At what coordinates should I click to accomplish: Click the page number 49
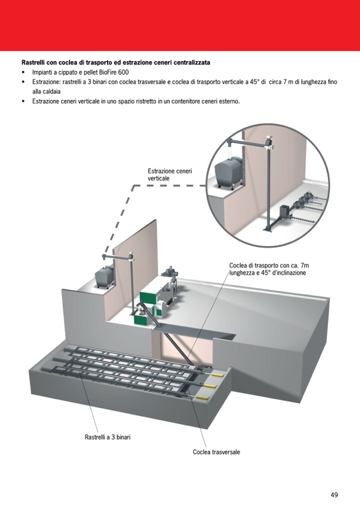point(334,495)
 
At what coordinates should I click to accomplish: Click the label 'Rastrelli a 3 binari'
point(108,437)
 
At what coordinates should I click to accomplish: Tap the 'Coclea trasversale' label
point(216,452)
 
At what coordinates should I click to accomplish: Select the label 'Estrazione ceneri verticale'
point(170,175)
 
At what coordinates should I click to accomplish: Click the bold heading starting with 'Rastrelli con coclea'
point(115,63)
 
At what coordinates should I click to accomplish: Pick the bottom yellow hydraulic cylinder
point(204,395)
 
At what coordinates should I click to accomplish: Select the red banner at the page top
point(180,25)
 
